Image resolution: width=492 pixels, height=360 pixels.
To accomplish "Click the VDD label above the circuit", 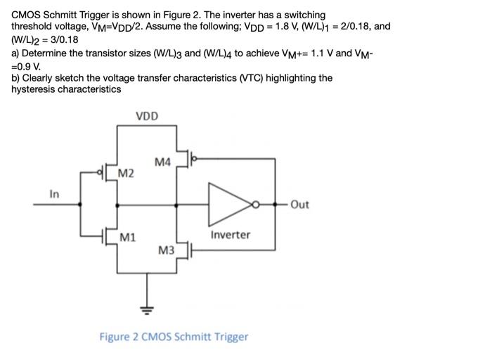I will (x=147, y=116).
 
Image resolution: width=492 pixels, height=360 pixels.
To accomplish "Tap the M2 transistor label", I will (x=127, y=173).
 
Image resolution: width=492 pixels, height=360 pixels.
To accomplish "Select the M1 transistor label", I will (x=127, y=238).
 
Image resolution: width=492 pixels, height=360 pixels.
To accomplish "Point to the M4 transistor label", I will (x=162, y=162).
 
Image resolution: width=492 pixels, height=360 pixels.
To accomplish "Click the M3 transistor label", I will (x=167, y=250).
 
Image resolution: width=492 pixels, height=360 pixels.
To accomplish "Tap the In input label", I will (x=54, y=194).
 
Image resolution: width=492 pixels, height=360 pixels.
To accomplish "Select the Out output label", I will (x=299, y=205).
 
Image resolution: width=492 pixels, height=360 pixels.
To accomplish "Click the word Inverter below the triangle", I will (x=230, y=234).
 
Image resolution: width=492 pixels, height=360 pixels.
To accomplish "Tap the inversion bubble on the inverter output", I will (x=257, y=205).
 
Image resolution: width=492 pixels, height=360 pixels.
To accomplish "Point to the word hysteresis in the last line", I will (x=34, y=89).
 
